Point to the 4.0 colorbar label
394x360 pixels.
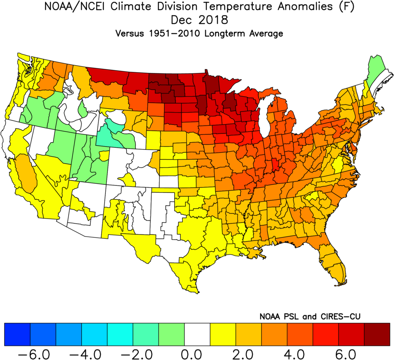pyautogui.click(x=301, y=352)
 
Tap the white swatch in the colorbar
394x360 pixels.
pyautogui.click(x=197, y=334)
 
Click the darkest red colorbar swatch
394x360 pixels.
pyautogui.click(x=377, y=334)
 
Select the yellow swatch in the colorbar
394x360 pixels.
pyautogui.click(x=223, y=334)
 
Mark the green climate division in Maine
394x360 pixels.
pyautogui.click(x=375, y=70)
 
